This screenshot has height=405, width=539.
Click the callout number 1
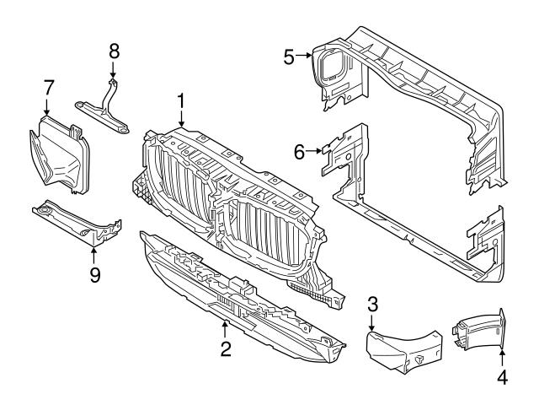(x=180, y=101)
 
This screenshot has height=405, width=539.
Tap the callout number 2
(x=225, y=348)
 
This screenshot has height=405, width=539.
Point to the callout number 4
(x=502, y=377)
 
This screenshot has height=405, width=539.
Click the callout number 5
(x=289, y=57)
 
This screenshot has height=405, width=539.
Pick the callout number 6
(x=299, y=151)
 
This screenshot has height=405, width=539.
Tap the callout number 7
(x=48, y=86)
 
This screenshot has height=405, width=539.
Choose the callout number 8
(x=115, y=52)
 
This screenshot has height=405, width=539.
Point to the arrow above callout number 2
(x=225, y=327)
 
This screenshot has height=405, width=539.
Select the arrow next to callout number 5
(x=304, y=57)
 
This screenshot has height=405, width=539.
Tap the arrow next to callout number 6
(x=314, y=151)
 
